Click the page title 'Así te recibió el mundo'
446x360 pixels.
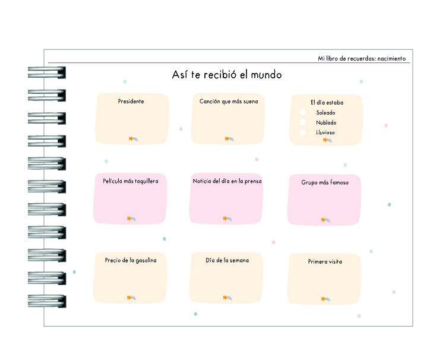tap(227, 75)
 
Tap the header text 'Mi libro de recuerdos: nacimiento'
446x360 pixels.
tap(362, 59)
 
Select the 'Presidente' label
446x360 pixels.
tap(131, 102)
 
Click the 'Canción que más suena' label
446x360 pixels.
tap(229, 102)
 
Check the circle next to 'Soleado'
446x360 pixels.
tap(303, 112)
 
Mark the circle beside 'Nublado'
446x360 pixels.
tap(303, 122)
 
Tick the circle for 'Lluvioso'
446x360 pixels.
tap(303, 132)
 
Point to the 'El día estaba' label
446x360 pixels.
tap(327, 102)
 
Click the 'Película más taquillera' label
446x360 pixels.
tap(131, 181)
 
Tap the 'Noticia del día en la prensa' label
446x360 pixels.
tap(227, 181)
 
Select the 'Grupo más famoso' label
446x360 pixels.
tap(325, 182)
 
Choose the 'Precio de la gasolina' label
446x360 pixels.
tap(131, 260)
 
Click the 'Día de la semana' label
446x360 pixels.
tap(227, 260)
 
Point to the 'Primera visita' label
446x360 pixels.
tap(325, 261)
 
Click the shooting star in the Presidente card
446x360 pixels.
tap(133, 139)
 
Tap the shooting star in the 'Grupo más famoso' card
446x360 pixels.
tap(325, 220)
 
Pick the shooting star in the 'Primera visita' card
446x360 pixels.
tap(325, 299)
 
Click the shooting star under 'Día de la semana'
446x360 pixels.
tap(227, 298)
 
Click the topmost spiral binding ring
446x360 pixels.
tap(47, 72)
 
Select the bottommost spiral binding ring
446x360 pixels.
tap(47, 301)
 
